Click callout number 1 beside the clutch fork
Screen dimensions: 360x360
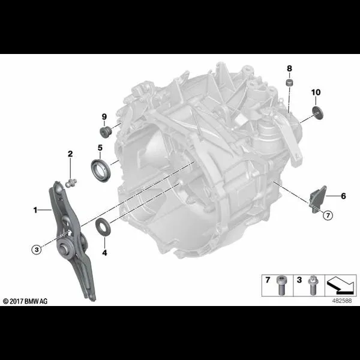(x=35, y=210)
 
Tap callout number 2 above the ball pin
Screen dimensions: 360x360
(x=70, y=154)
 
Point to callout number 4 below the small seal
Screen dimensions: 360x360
(x=104, y=253)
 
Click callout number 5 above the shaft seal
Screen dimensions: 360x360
(x=100, y=147)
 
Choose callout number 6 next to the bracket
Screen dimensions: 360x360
(x=343, y=196)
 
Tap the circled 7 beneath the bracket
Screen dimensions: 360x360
(x=328, y=214)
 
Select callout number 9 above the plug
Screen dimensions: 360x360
(x=103, y=116)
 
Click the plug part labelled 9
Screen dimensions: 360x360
(x=103, y=131)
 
